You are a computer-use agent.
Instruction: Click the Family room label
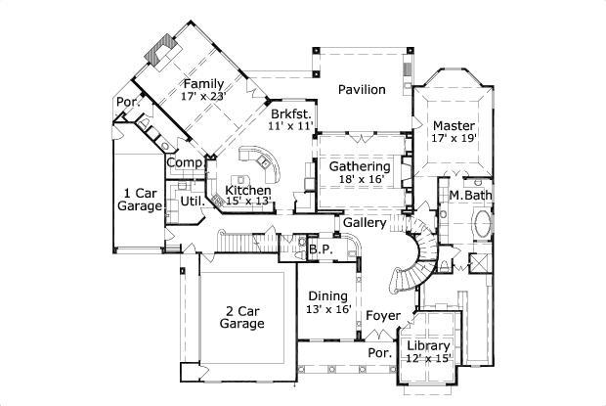pyautogui.click(x=203, y=83)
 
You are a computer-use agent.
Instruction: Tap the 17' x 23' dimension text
pyautogui.click(x=203, y=97)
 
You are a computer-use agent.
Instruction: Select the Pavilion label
pyautogui.click(x=362, y=90)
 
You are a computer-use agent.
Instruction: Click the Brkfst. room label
pyautogui.click(x=291, y=113)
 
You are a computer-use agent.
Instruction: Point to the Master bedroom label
pyautogui.click(x=454, y=126)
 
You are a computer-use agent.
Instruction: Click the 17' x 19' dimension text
pyautogui.click(x=454, y=140)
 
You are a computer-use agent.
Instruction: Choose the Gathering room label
pyautogui.click(x=360, y=166)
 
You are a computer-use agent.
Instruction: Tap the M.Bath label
pyautogui.click(x=469, y=196)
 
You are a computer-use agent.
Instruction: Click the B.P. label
pyautogui.click(x=321, y=249)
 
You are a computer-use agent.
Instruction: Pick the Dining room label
pyautogui.click(x=328, y=296)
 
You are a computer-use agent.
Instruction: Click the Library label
pyautogui.click(x=428, y=346)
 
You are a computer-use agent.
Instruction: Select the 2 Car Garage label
pyautogui.click(x=241, y=315)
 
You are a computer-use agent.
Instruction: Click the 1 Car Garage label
pyautogui.click(x=141, y=200)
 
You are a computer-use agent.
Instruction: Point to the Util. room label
pyautogui.click(x=191, y=202)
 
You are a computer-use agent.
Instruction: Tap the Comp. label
pyautogui.click(x=184, y=162)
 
